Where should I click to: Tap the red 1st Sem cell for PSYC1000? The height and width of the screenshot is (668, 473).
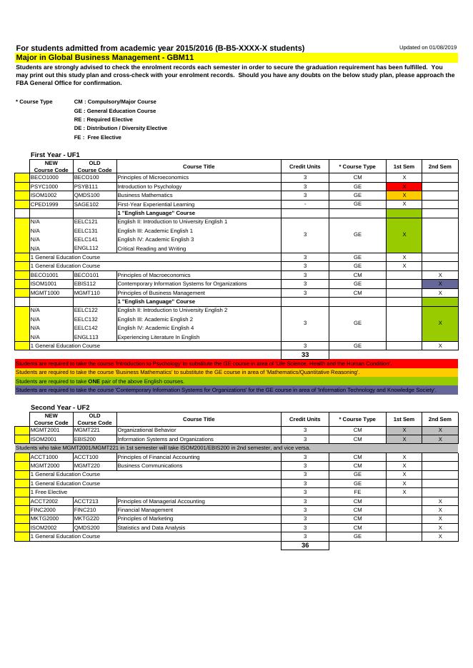404,186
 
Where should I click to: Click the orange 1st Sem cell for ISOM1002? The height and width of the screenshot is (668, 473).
404,195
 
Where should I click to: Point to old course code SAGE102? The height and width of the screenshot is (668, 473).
85,203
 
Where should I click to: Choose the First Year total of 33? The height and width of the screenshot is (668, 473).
304,354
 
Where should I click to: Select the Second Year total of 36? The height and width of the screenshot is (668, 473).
304,545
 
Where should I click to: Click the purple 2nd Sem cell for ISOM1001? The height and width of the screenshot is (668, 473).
439,283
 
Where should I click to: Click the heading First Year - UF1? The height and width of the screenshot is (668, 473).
55,155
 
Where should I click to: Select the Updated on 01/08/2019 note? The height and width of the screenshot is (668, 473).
428,47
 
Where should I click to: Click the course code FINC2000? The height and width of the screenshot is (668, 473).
43,510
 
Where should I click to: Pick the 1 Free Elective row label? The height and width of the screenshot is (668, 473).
49,492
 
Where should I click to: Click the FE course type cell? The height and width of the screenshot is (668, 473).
357,492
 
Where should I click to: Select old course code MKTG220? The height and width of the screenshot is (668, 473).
86,519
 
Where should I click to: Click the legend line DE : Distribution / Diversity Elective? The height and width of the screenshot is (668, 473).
120,128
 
